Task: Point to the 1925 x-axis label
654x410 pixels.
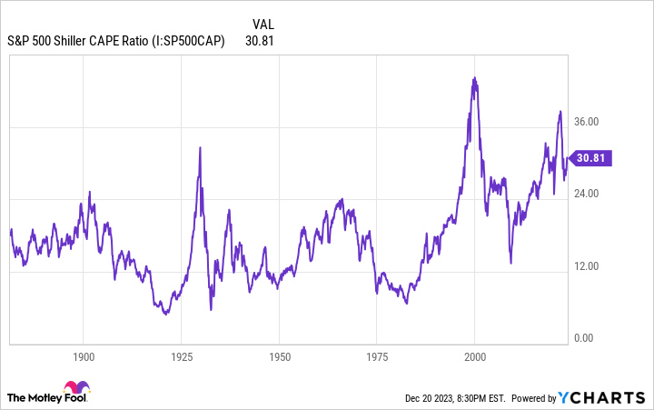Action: click(182, 357)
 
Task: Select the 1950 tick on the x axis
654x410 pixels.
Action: click(280, 357)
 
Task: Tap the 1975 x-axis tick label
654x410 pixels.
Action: click(377, 357)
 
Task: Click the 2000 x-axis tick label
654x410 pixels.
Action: click(475, 357)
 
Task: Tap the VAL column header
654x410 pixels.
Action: click(263, 23)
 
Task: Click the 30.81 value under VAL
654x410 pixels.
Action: click(260, 40)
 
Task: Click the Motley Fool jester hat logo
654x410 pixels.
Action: click(77, 388)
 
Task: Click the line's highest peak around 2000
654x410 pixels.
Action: click(474, 78)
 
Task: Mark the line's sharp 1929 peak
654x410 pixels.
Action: click(199, 147)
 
